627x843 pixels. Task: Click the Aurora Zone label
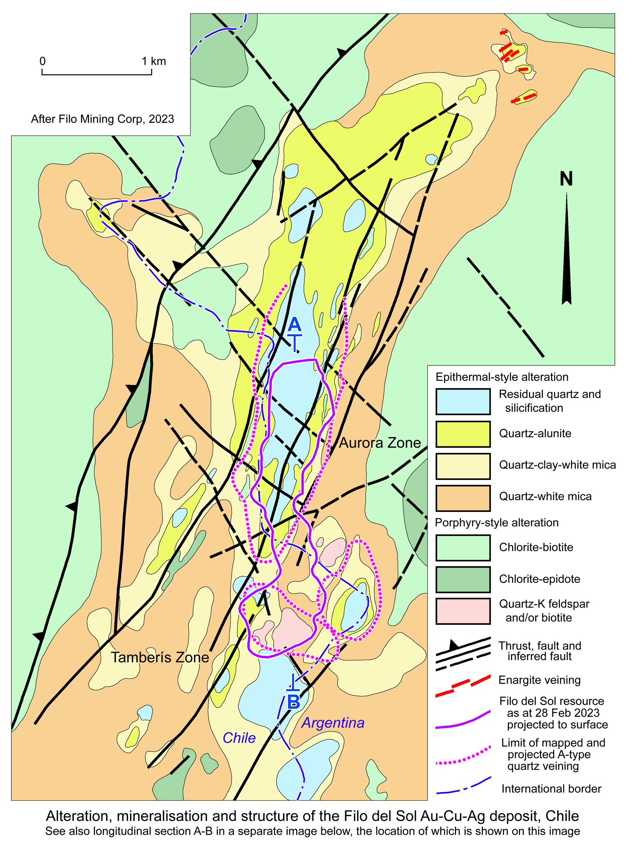click(379, 443)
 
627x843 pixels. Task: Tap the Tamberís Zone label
click(159, 657)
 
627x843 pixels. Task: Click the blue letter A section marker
click(294, 325)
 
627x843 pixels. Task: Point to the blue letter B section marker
click(294, 702)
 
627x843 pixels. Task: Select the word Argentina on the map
click(333, 723)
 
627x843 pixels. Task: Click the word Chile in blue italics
click(239, 738)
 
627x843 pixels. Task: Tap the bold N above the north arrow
click(566, 179)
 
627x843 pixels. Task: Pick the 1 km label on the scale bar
click(154, 61)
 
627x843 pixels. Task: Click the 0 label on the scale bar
click(42, 61)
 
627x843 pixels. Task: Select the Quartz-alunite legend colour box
click(463, 434)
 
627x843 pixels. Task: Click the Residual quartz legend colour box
click(463, 402)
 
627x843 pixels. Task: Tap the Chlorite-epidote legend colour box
click(463, 579)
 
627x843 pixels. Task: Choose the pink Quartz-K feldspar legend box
click(463, 611)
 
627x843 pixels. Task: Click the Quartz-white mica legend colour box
click(463, 498)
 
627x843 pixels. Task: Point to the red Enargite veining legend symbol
click(463, 686)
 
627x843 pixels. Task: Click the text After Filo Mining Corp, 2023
click(102, 119)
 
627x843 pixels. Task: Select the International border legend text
click(551, 789)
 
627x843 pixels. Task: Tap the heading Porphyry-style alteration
click(497, 523)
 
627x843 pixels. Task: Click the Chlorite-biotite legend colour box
click(463, 548)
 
